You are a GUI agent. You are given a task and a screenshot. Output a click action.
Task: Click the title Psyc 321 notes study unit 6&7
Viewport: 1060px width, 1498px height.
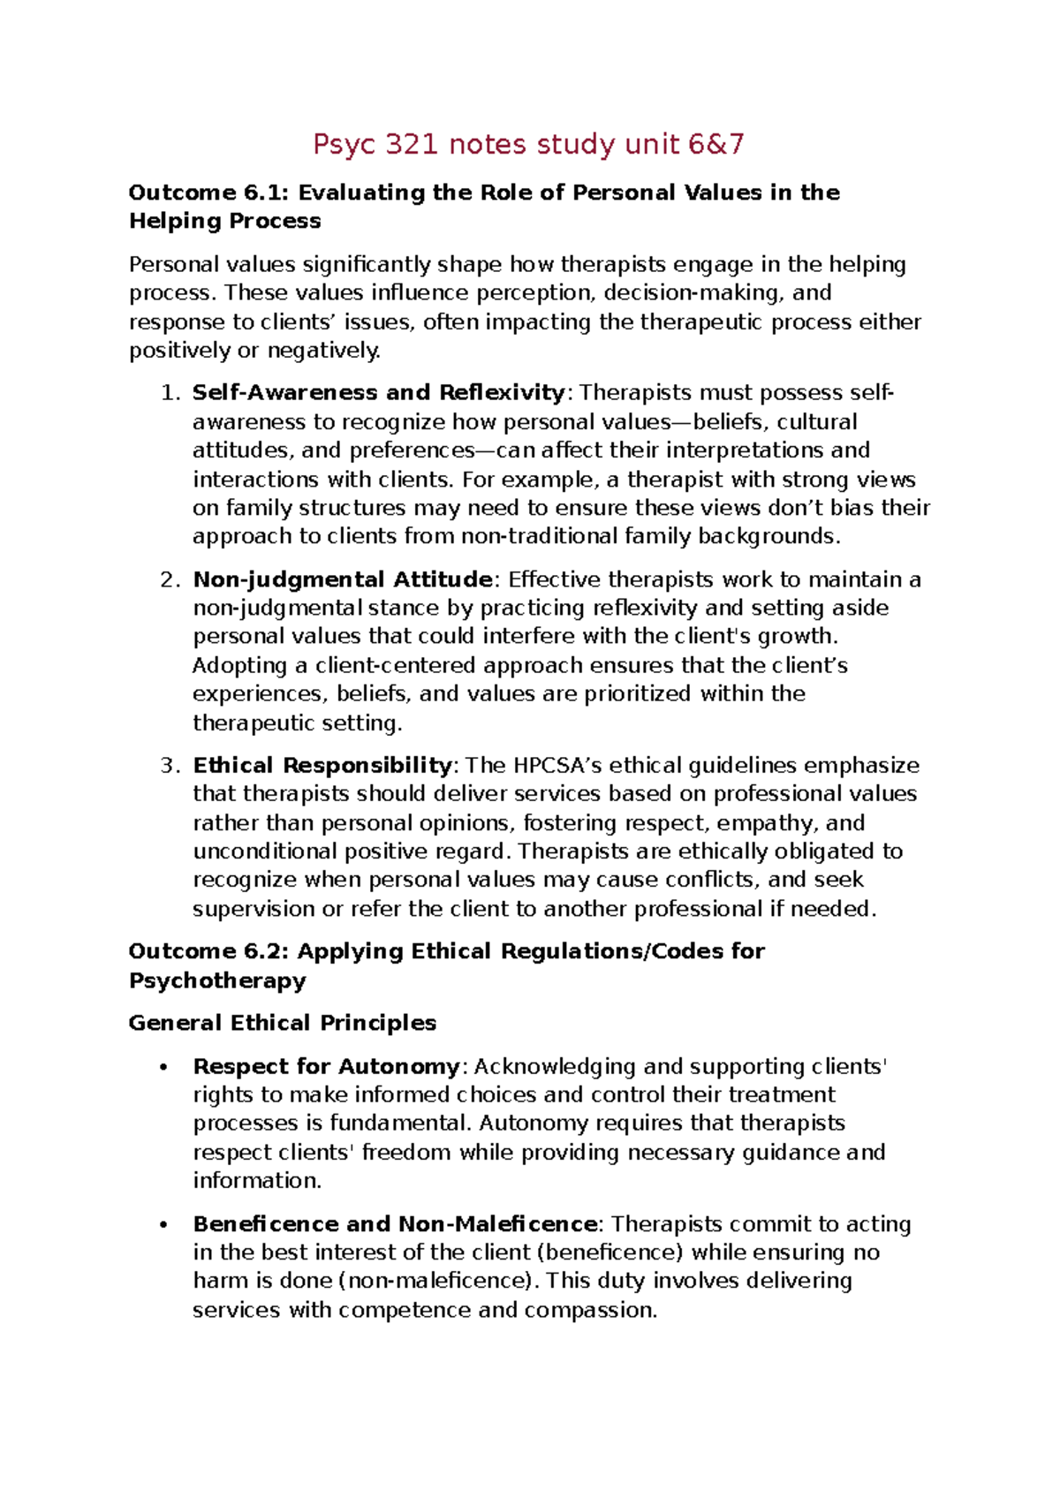[x=528, y=144]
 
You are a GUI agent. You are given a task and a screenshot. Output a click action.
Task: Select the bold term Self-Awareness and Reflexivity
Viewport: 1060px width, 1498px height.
[x=378, y=392]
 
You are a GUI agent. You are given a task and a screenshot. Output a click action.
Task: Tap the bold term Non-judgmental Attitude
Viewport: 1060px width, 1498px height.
[x=343, y=579]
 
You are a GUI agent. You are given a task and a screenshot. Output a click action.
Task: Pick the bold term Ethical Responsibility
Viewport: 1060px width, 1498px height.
[x=322, y=765]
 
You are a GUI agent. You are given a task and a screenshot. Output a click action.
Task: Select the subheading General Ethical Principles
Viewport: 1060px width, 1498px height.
[x=283, y=1023]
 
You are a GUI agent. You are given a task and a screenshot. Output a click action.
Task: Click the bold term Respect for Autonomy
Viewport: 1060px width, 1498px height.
[x=326, y=1066]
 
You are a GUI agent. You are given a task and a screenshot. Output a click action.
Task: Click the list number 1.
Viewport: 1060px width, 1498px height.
[x=170, y=392]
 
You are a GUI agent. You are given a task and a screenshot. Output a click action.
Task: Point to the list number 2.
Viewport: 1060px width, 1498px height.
[x=170, y=579]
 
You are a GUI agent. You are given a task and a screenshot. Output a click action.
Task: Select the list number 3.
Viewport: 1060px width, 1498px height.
[x=170, y=765]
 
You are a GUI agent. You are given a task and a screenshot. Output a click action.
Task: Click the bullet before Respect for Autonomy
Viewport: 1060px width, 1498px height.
[x=163, y=1068]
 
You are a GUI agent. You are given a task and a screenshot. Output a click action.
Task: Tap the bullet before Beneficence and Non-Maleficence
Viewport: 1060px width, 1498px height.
[x=163, y=1225]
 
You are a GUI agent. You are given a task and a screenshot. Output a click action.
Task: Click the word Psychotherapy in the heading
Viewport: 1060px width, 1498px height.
[x=217, y=980]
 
